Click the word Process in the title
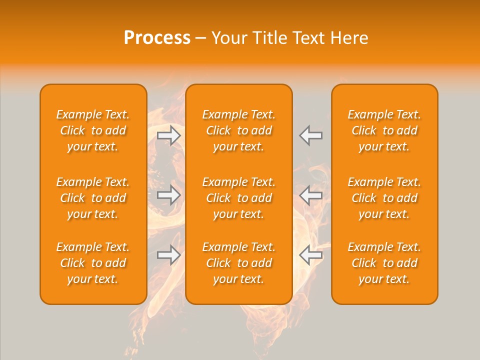157,38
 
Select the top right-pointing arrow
169,135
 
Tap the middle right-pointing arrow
169,195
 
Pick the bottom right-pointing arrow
169,255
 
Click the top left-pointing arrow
311,135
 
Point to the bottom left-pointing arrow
311,255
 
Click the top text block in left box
93,130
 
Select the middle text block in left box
93,198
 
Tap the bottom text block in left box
93,263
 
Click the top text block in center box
238,130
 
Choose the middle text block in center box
238,198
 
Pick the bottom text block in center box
238,263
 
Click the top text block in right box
384,130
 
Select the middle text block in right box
384,198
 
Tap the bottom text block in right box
384,263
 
